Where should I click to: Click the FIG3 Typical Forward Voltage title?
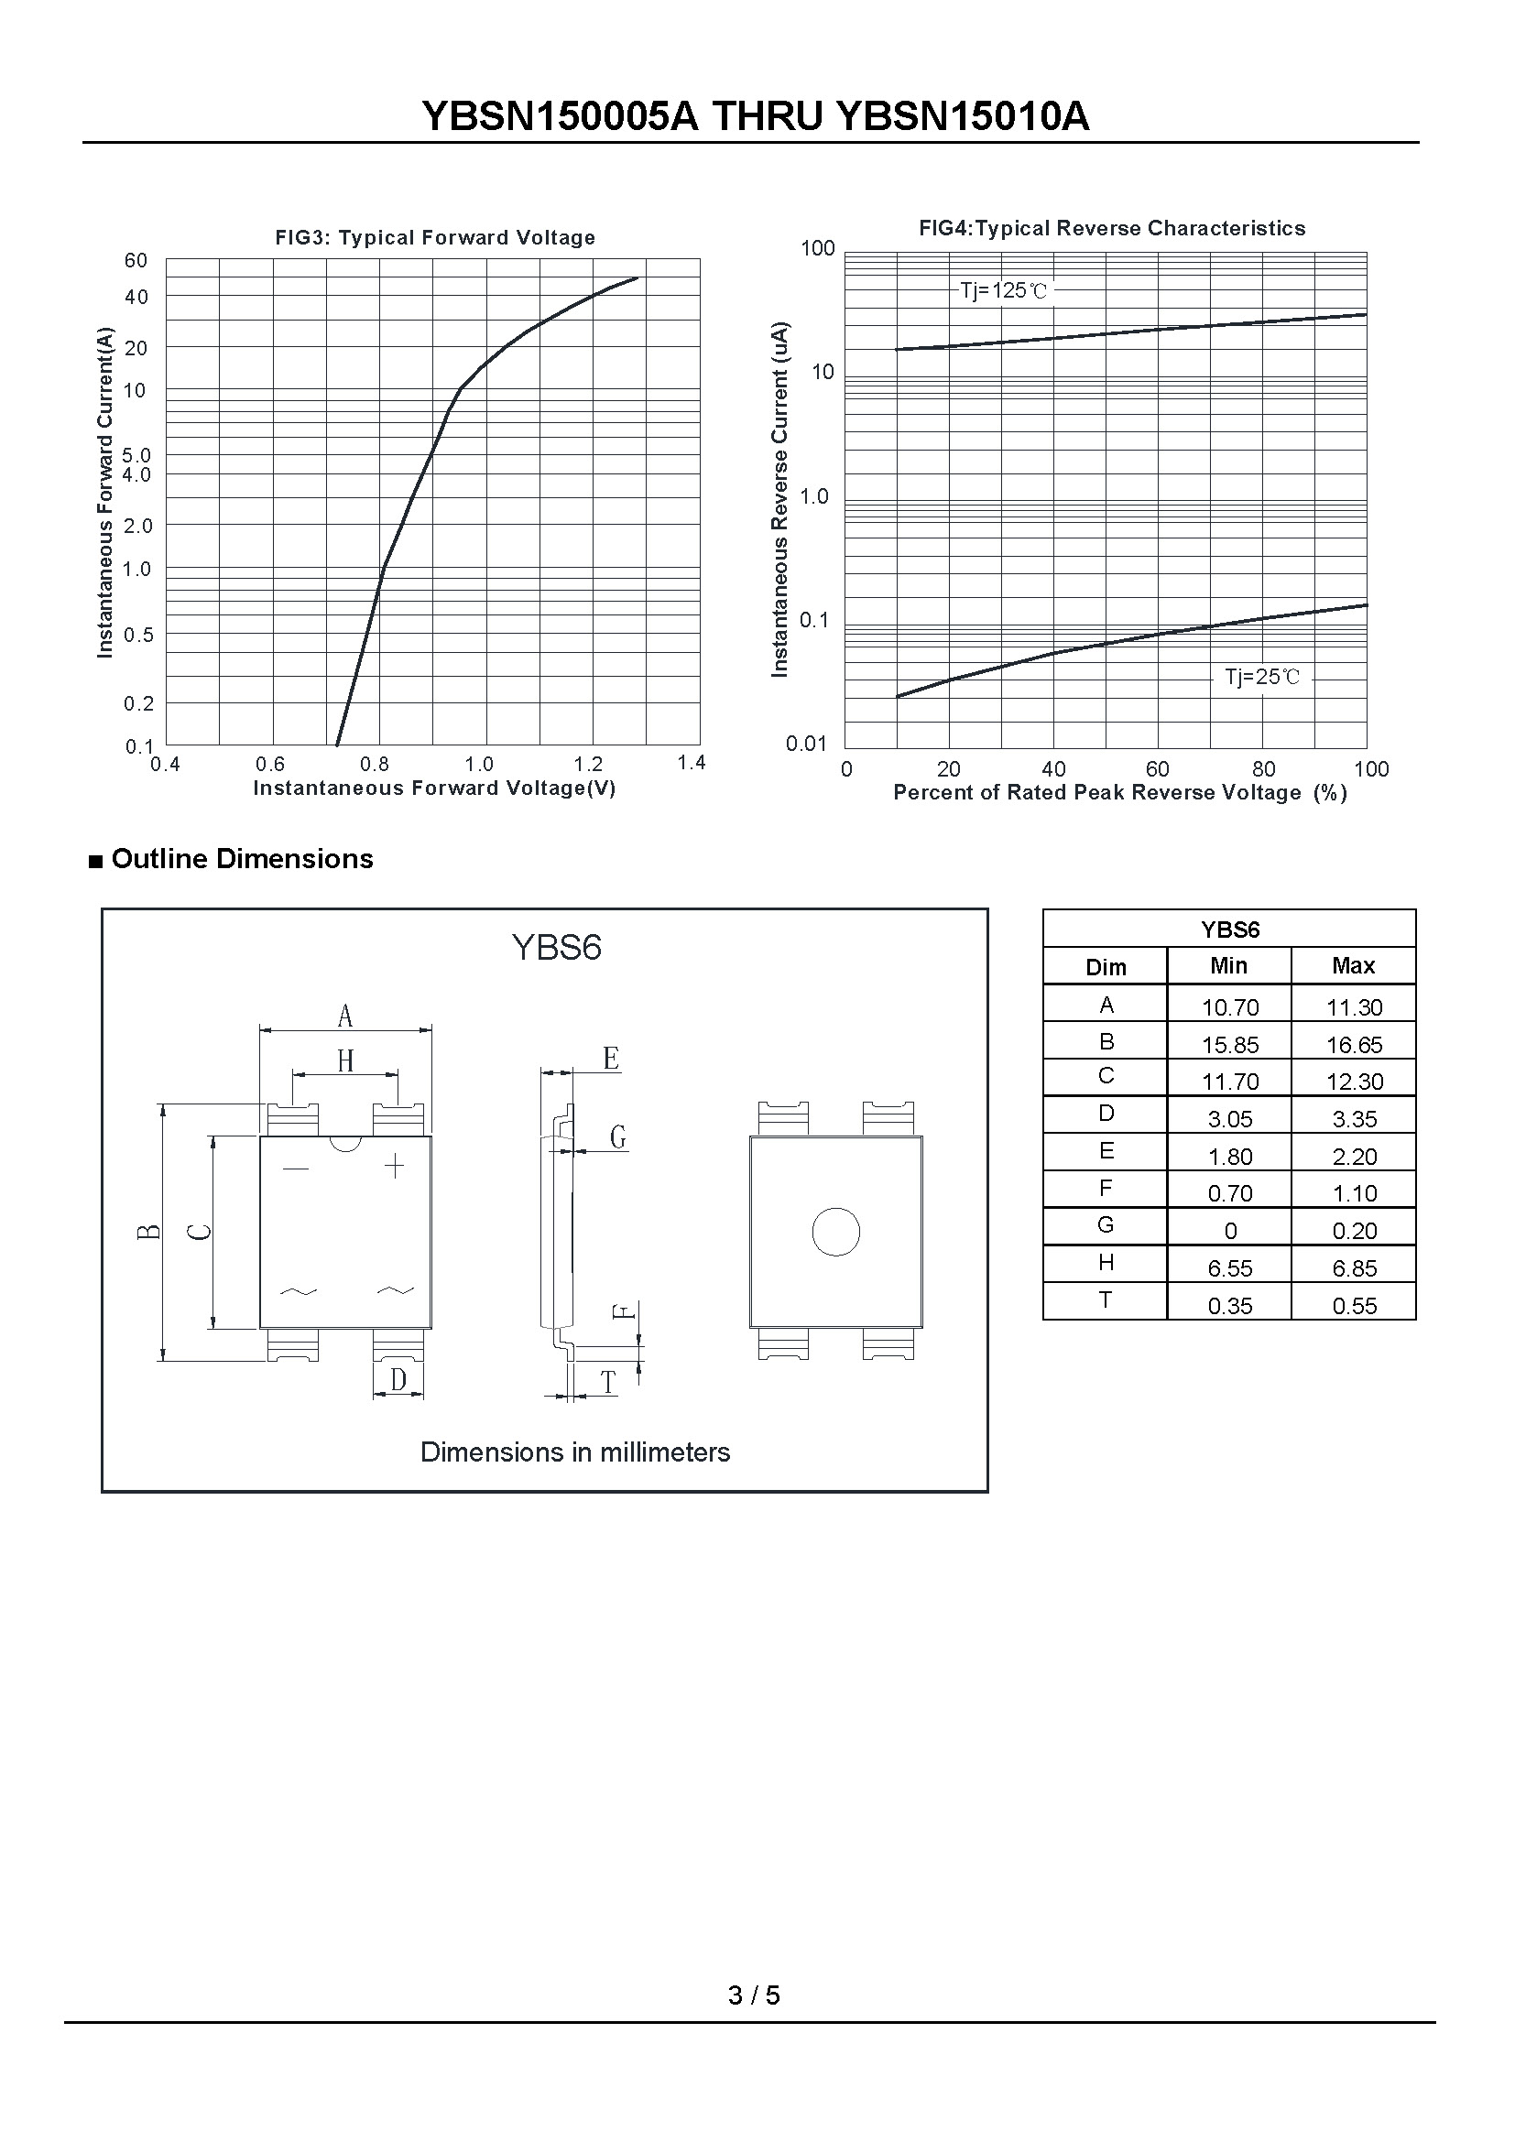[435, 238]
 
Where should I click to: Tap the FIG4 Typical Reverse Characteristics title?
[1112, 229]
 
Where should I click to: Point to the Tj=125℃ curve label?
[1004, 291]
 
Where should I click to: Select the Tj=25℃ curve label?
[1262, 678]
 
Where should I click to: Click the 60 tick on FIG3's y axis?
[136, 261]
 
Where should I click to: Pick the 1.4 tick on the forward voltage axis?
[692, 763]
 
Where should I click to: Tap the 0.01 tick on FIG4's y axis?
[807, 744]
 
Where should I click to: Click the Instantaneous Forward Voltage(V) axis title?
[435, 788]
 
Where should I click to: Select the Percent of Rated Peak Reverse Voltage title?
[1120, 793]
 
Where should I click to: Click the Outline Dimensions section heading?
[242, 858]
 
